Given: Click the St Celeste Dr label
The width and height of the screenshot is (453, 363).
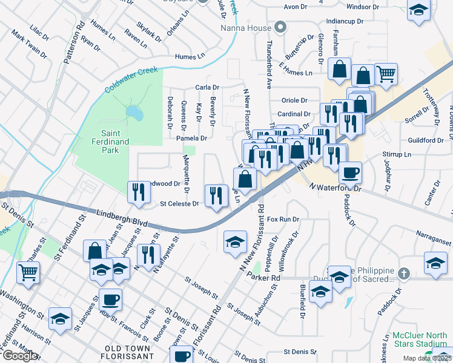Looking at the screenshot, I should pyautogui.click(x=179, y=204).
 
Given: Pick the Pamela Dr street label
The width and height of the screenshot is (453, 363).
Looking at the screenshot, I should pyautogui.click(x=191, y=138).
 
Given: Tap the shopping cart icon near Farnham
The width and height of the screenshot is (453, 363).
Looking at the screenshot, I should pyautogui.click(x=386, y=74).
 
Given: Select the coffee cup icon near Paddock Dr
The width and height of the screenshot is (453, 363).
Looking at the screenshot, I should pyautogui.click(x=350, y=173).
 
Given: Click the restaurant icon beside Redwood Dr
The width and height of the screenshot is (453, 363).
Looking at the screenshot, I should pyautogui.click(x=139, y=191).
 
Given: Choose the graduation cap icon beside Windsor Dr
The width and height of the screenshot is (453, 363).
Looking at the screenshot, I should pyautogui.click(x=418, y=11).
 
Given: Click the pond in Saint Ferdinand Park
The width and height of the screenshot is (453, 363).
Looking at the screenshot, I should pyautogui.click(x=134, y=113).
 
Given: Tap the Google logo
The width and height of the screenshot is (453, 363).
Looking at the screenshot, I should pyautogui.click(x=19, y=356).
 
